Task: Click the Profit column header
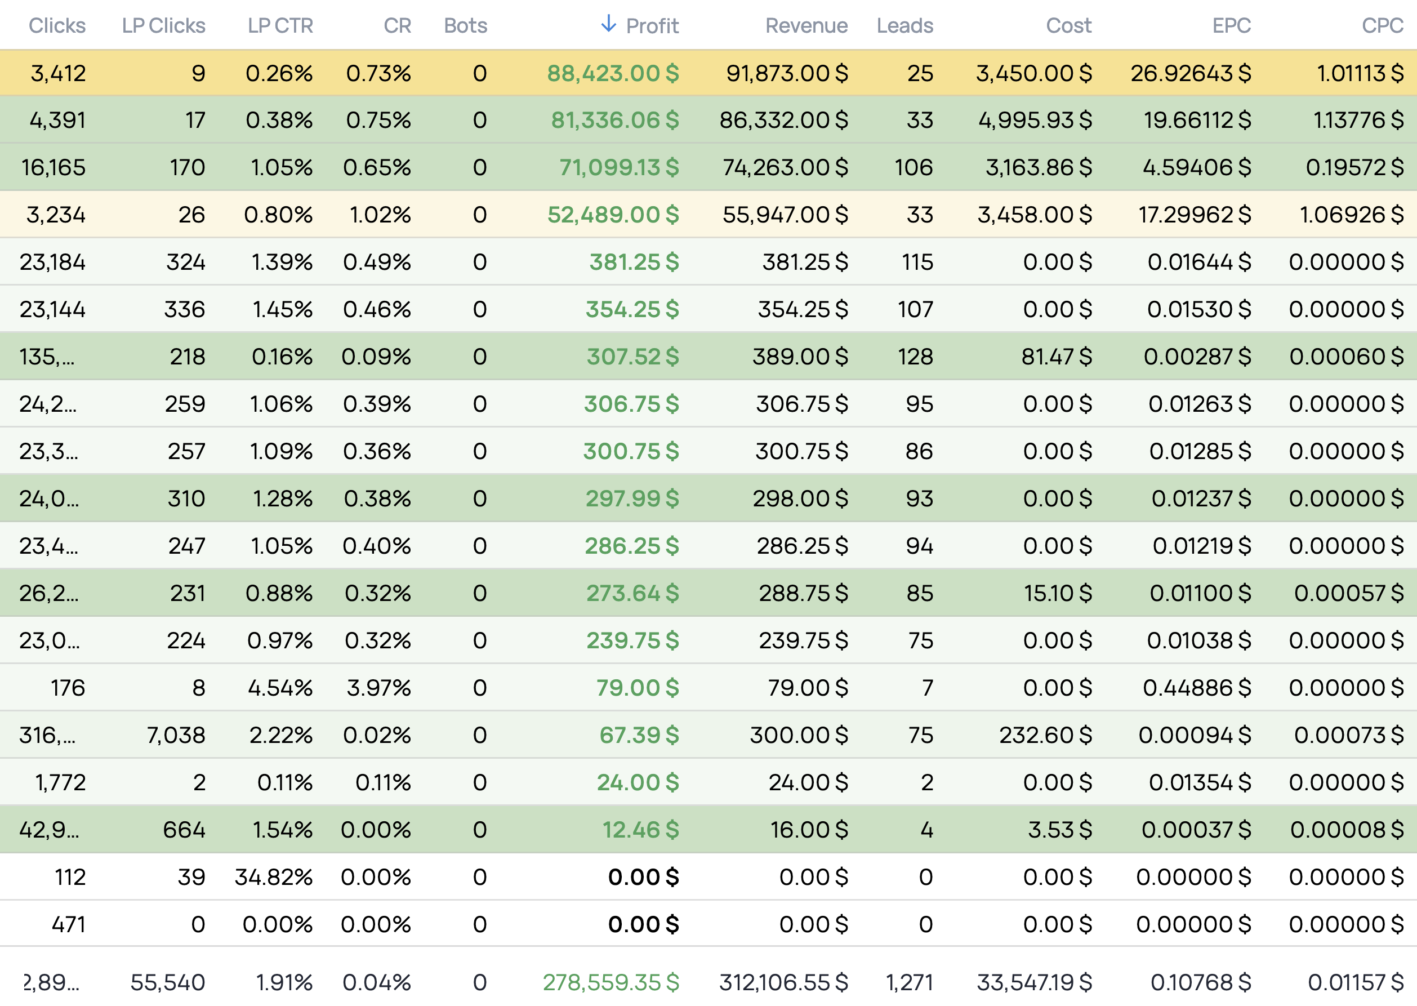click(x=652, y=25)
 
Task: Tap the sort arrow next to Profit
click(x=608, y=24)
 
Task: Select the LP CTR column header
click(x=280, y=25)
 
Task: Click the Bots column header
click(x=465, y=25)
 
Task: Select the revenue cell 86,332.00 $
click(x=783, y=120)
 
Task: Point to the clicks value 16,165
click(x=54, y=167)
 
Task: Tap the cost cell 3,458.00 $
click(x=1033, y=215)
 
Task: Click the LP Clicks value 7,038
click(x=176, y=735)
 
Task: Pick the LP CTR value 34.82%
click(x=273, y=877)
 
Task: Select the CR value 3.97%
click(x=378, y=688)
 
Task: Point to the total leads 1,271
click(x=908, y=982)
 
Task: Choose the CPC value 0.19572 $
click(x=1354, y=167)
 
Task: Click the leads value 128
click(x=915, y=357)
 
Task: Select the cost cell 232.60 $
click(x=1045, y=735)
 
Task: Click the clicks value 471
click(x=68, y=924)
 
